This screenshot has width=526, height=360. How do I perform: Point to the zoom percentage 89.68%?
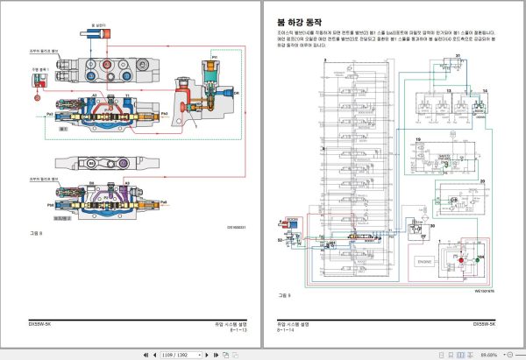tap(489, 354)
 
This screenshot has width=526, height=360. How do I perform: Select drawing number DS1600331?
tap(238, 226)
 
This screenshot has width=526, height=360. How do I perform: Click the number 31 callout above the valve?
tap(458, 55)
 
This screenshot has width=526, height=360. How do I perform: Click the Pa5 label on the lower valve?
tap(164, 202)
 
